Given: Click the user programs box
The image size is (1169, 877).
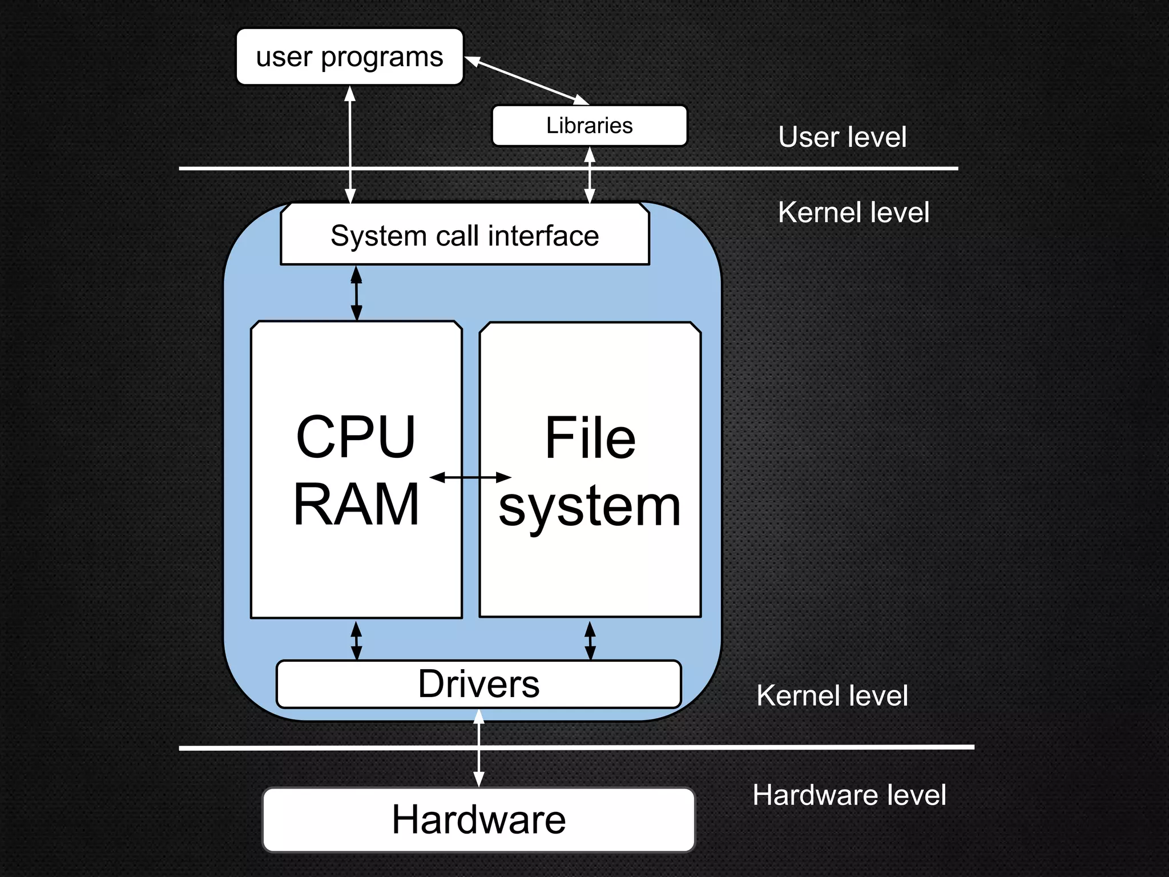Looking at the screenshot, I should click(x=349, y=57).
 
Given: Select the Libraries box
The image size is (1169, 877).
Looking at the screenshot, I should click(x=589, y=126).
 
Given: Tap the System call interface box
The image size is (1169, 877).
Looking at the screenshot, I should click(x=465, y=235).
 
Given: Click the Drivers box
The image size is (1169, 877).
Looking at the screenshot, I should click(x=478, y=684).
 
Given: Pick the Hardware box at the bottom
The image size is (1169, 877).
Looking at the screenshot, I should click(x=478, y=820).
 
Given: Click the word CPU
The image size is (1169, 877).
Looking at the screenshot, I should click(x=356, y=437).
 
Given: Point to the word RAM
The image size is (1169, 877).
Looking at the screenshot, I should click(x=356, y=505).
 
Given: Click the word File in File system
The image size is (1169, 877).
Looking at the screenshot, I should click(x=590, y=438).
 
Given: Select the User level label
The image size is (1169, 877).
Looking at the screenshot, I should click(x=842, y=138).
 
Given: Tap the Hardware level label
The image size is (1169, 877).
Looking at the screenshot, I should click(x=849, y=795).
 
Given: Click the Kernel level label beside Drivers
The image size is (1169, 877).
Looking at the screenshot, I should click(x=832, y=696).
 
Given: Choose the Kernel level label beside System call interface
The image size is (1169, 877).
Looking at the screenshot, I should click(x=853, y=213).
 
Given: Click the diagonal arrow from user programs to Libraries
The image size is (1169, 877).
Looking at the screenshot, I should click(x=526, y=81).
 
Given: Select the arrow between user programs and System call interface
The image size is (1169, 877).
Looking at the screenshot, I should click(x=350, y=144).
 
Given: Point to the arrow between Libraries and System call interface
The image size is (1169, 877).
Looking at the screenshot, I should click(x=590, y=175).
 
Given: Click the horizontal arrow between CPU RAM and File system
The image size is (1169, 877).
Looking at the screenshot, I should click(x=470, y=477).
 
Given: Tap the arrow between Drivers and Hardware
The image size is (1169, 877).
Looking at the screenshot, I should click(x=479, y=748).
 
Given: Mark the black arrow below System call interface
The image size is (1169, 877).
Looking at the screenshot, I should click(x=356, y=293).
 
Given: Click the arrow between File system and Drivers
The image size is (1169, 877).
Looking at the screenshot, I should click(x=590, y=640).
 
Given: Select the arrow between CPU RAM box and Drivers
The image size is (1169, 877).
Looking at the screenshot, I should click(x=356, y=640).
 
